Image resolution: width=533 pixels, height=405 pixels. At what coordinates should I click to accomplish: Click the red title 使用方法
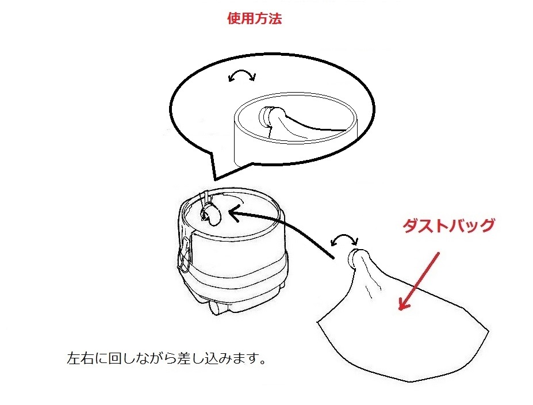pos(255,18)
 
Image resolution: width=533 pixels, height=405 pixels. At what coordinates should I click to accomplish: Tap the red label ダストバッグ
pos(448,226)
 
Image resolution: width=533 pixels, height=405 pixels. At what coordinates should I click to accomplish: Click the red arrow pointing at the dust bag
pos(419,281)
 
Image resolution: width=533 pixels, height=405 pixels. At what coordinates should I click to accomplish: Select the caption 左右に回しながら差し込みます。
pos(166,358)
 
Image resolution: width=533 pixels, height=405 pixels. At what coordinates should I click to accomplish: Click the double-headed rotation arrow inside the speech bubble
pos(241,72)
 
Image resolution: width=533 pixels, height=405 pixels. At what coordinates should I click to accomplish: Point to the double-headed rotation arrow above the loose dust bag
pos(344,236)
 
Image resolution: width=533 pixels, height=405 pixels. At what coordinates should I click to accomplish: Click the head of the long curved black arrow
pos(234,215)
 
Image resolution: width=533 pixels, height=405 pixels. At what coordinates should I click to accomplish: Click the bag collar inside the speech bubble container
pos(267,117)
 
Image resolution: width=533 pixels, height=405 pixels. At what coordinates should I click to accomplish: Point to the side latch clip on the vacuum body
pos(185,255)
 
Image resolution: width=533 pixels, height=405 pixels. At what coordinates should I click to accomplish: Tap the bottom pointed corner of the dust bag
pos(411,381)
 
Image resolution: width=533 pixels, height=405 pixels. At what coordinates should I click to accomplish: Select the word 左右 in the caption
pos(80,358)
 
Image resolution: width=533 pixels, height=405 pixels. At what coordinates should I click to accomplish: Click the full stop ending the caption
pos(262,362)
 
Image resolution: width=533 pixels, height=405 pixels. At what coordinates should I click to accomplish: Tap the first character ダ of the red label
pos(411,226)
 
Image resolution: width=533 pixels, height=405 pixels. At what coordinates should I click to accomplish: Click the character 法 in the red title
pos(275,18)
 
